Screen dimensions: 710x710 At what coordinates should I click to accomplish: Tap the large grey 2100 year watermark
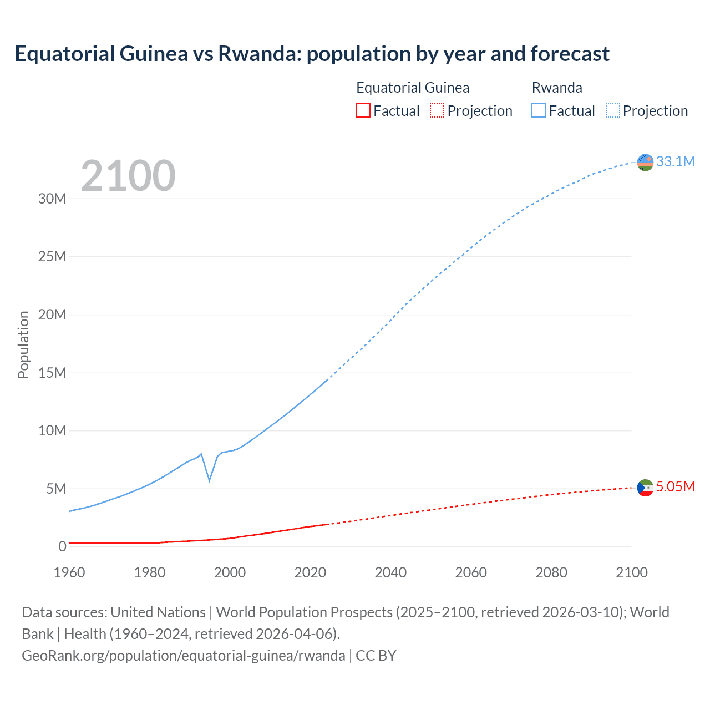[128, 176]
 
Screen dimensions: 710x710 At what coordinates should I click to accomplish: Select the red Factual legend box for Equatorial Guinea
[363, 111]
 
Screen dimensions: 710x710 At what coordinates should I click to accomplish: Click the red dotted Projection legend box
[437, 111]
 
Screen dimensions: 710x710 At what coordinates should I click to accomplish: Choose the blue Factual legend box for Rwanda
[539, 111]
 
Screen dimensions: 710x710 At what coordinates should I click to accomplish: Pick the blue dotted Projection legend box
[612, 111]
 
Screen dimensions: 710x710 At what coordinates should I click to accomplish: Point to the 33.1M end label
[675, 161]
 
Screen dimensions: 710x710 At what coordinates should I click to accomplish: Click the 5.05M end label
[675, 487]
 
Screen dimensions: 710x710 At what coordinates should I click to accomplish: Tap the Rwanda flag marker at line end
[645, 163]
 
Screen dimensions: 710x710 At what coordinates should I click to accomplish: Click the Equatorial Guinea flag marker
[645, 488]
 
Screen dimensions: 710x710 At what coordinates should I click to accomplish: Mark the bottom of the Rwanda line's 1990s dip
[209, 480]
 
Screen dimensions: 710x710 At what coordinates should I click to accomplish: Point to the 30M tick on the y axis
[52, 199]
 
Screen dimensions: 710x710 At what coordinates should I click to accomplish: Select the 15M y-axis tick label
[52, 373]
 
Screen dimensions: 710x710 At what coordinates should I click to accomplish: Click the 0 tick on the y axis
[62, 546]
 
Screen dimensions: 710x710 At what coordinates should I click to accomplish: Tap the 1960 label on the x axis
[69, 572]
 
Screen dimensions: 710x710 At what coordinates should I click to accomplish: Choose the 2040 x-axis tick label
[390, 572]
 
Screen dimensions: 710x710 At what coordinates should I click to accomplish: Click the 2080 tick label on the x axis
[551, 572]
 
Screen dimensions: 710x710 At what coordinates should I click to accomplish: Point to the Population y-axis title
[23, 344]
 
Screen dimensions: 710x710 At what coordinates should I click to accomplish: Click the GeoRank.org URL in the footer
[183, 656]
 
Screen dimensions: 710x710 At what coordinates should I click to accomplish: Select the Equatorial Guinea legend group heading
[413, 88]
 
